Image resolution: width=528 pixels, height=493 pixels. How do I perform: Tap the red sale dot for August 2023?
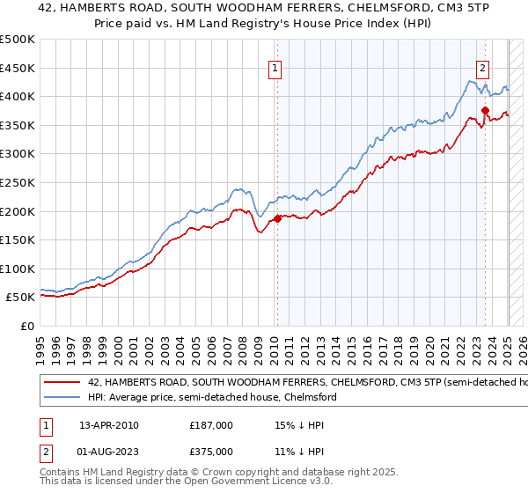[485, 110]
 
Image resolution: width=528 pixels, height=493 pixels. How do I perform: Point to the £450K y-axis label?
[18, 68]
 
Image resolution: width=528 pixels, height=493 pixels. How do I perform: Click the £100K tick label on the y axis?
[18, 269]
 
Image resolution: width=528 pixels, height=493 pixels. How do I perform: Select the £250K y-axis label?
[18, 182]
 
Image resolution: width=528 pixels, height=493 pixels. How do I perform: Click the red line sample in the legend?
[62, 383]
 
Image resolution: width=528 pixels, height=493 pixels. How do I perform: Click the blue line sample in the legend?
[62, 398]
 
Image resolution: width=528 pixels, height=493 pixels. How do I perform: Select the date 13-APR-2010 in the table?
[108, 425]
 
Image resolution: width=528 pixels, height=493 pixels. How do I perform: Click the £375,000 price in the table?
[211, 452]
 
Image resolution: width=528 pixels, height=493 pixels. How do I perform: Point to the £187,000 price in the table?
[211, 425]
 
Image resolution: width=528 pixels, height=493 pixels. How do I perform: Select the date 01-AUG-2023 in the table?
[108, 452]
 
